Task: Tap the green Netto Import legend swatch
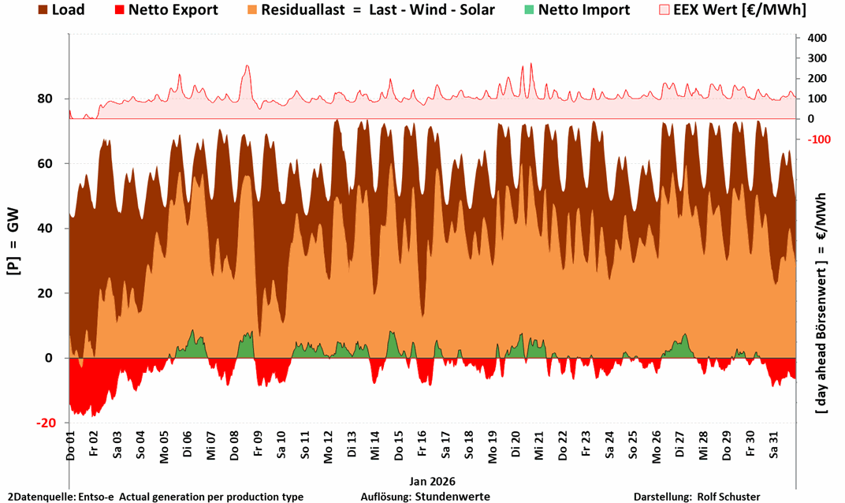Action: click(530, 10)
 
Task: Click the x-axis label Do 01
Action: click(70, 446)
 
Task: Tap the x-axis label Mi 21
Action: click(540, 446)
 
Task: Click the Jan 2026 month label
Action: click(432, 480)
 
